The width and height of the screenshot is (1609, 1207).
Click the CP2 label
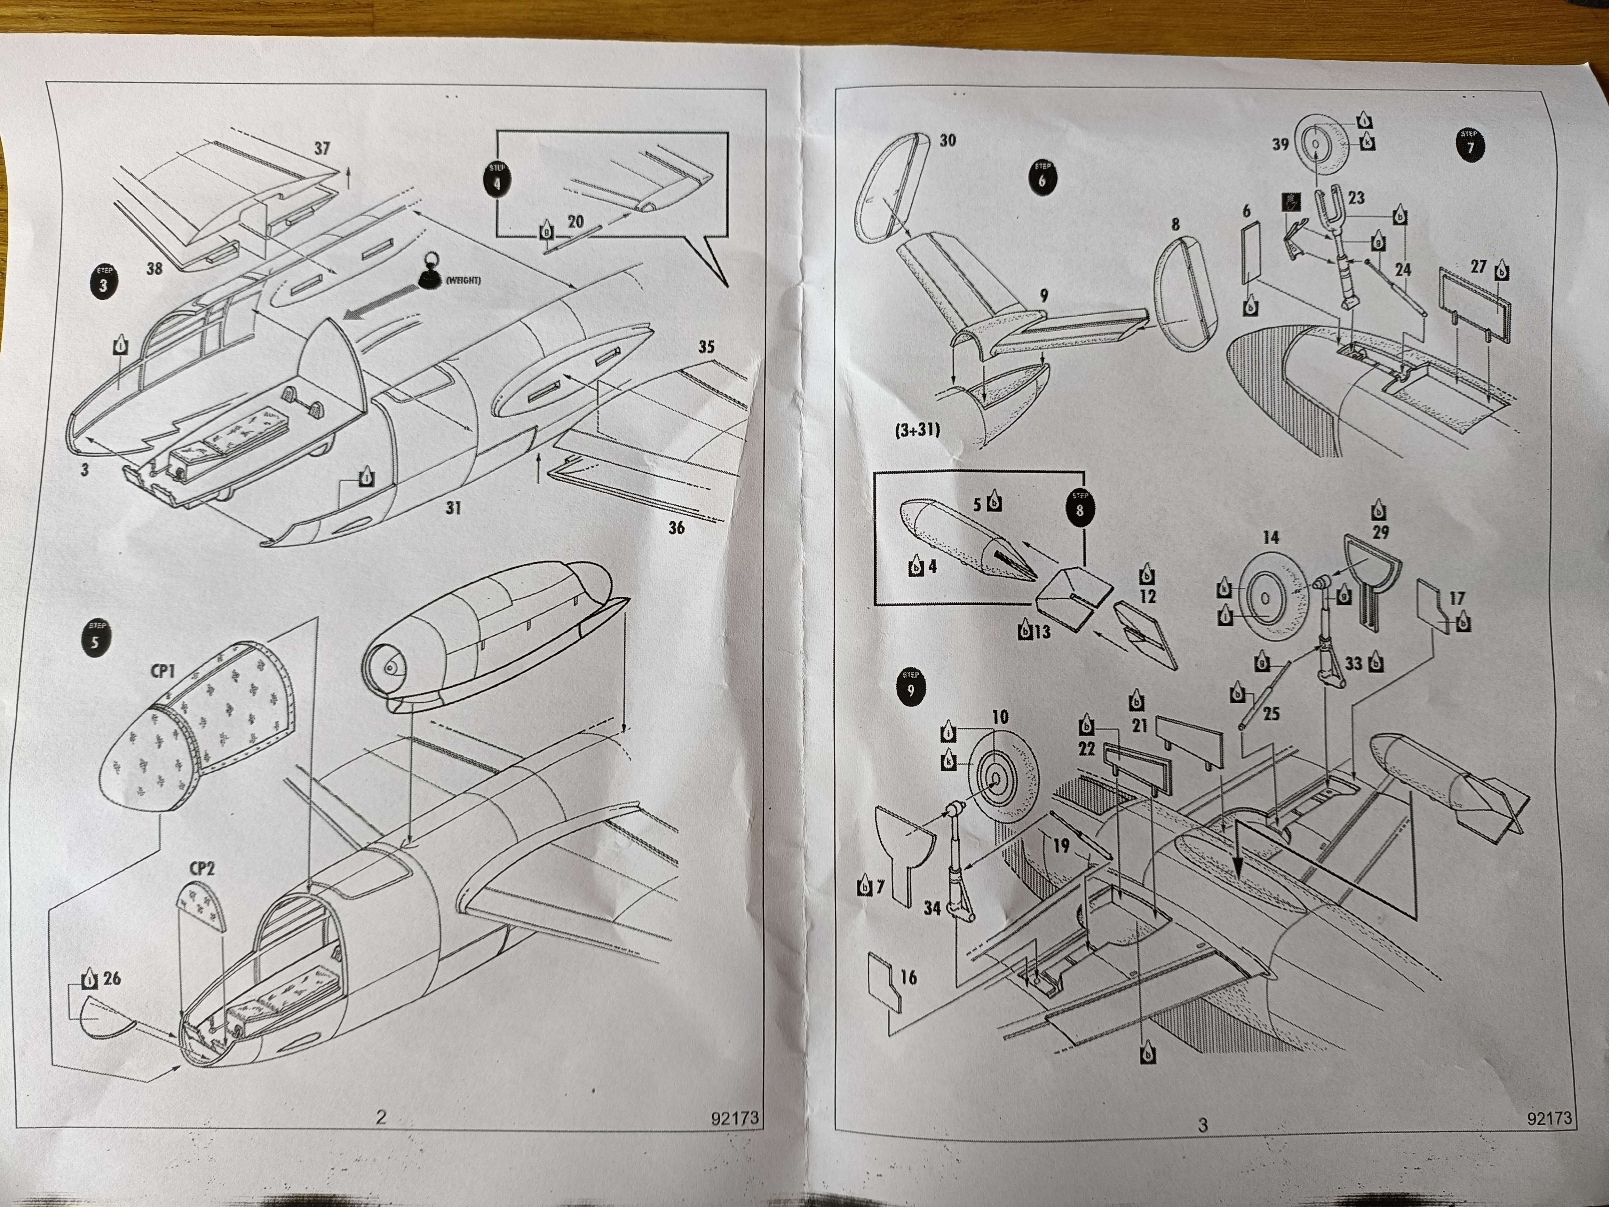pos(202,869)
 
